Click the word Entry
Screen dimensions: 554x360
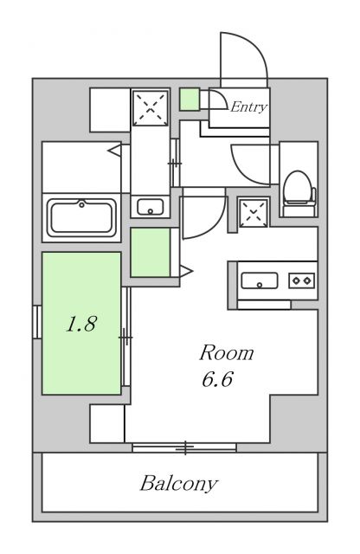point(248,107)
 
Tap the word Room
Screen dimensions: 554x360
point(227,353)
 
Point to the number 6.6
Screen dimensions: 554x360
point(216,379)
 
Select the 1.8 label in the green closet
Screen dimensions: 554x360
point(82,325)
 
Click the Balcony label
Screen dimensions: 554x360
point(179,483)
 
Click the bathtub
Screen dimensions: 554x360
point(83,216)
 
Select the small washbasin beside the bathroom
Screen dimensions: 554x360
point(151,208)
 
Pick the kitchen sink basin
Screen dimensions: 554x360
point(259,280)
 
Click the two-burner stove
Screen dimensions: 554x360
point(301,280)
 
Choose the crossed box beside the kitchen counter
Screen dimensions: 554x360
point(254,210)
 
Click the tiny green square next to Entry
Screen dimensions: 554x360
point(190,100)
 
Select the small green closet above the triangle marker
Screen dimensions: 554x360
point(151,252)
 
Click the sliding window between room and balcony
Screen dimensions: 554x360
point(184,448)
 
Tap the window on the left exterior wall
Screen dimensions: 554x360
point(36,323)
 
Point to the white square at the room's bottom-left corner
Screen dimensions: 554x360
point(107,424)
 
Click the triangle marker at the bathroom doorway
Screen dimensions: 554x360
point(113,151)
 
